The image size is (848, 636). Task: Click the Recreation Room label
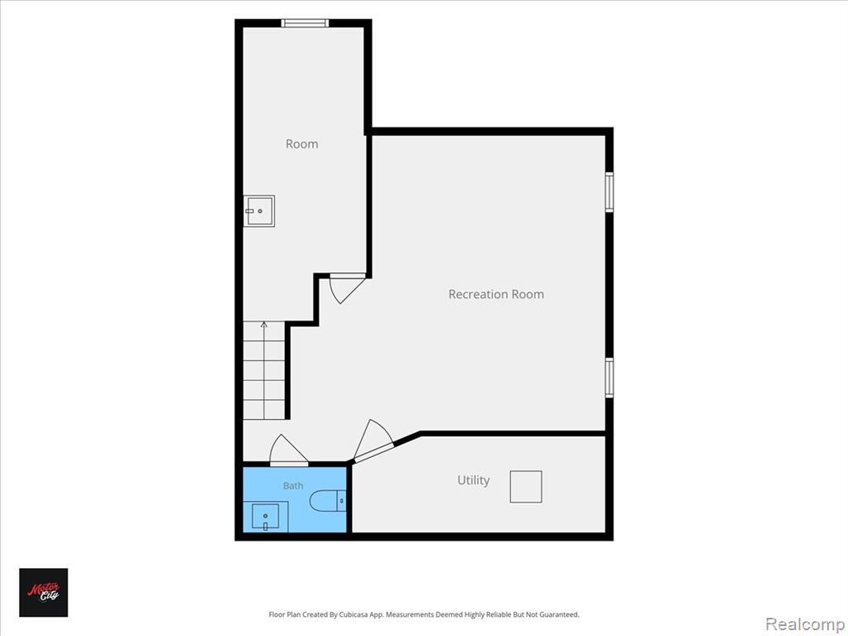click(x=496, y=294)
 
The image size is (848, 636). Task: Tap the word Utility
click(x=473, y=480)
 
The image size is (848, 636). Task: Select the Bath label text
click(x=293, y=485)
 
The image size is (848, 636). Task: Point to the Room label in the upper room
click(x=301, y=144)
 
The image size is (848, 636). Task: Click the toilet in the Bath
click(x=328, y=500)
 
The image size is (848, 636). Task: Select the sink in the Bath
click(x=266, y=517)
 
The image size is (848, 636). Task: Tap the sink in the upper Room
click(x=259, y=211)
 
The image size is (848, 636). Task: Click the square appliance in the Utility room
click(x=526, y=487)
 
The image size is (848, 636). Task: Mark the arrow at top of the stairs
click(x=264, y=325)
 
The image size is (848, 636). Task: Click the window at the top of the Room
click(x=305, y=22)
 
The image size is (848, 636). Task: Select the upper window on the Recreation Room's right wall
click(x=609, y=192)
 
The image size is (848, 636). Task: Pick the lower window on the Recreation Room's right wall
click(x=609, y=378)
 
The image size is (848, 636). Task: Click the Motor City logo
click(x=44, y=592)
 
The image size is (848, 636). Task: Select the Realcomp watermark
click(x=805, y=624)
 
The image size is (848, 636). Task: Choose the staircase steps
click(x=264, y=370)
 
